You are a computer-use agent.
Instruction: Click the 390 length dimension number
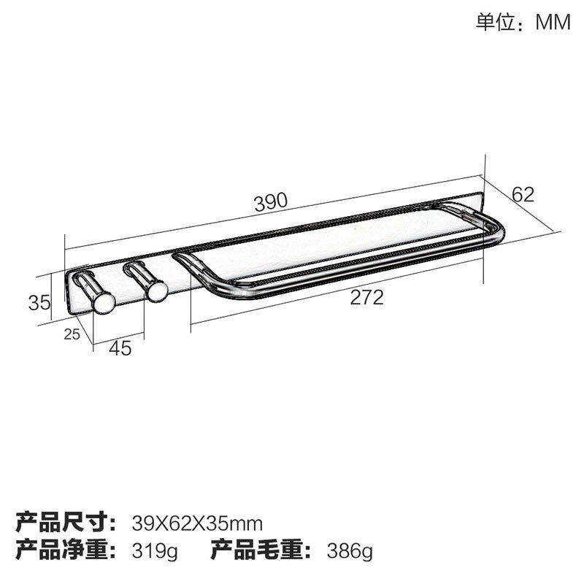tap(272, 202)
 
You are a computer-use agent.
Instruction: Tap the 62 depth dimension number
tap(523, 194)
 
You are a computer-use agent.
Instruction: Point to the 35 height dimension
tap(39, 301)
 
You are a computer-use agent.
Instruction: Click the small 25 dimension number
tap(72, 334)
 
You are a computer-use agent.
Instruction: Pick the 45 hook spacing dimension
tap(120, 348)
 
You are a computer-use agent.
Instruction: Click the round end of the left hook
tap(103, 302)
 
